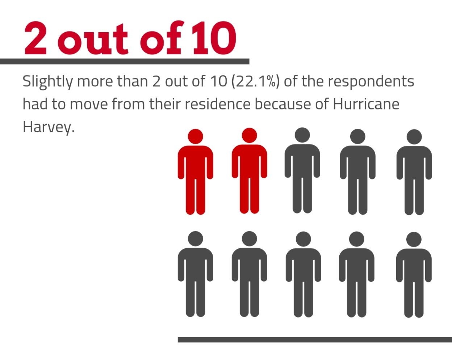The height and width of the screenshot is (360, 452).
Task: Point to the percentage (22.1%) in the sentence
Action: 255,82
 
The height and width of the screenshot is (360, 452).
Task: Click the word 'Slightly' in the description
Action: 47,82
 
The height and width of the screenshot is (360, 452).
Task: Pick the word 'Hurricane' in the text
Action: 366,104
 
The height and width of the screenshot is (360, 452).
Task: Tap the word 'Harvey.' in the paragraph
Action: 48,127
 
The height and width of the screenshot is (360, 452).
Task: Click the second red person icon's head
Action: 249,136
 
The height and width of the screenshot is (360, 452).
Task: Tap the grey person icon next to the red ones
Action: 302,170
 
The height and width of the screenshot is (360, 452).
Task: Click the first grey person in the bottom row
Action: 196,274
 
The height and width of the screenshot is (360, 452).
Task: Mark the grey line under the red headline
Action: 125,61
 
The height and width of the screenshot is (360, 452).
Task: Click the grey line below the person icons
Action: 314,340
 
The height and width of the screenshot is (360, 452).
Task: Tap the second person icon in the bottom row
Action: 249,274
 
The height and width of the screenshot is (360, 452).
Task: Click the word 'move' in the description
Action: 88,104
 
